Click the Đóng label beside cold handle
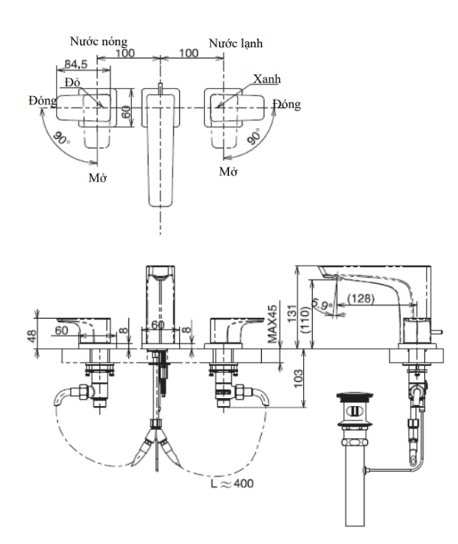(289, 105)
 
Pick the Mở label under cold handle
(228, 171)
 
